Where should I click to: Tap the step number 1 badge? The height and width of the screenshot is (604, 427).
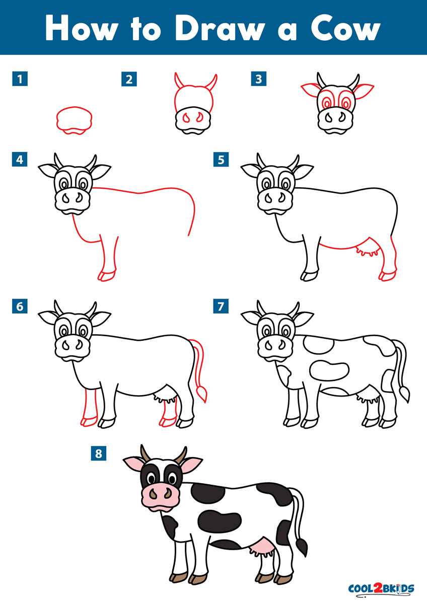point(20,79)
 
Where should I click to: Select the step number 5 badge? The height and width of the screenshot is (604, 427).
point(221,160)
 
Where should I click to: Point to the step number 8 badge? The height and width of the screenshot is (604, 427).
point(98,454)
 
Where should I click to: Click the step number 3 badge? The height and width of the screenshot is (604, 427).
point(259,79)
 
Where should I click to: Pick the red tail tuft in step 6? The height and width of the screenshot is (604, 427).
point(203,394)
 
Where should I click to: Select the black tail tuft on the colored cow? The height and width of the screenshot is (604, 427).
point(302,545)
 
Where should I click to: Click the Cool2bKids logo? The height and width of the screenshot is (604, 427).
point(381,588)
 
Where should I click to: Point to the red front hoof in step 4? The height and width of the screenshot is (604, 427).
point(107,275)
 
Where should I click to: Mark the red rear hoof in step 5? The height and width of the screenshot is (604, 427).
point(387,275)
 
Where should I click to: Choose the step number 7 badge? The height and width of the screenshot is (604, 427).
point(221,306)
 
